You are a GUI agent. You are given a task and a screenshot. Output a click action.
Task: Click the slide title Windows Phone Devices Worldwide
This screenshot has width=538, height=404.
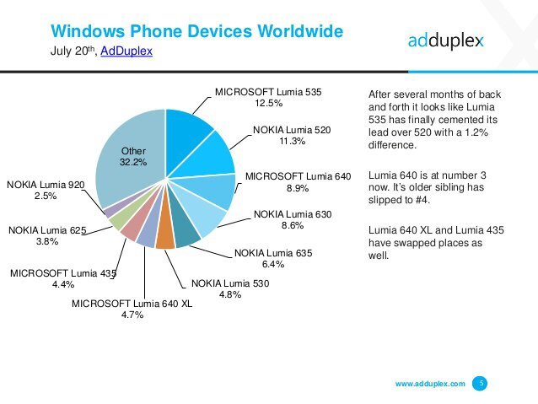(196, 32)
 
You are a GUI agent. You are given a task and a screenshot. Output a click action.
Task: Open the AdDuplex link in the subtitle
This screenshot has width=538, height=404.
(126, 52)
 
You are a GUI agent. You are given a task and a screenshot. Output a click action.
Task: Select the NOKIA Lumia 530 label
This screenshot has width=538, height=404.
(229, 283)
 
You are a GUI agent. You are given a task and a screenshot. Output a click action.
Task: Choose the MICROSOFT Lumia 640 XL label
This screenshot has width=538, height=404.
(132, 303)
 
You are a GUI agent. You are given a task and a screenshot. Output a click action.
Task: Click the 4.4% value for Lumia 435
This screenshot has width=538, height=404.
(62, 285)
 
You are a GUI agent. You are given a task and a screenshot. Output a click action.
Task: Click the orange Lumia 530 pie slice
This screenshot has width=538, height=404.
(165, 238)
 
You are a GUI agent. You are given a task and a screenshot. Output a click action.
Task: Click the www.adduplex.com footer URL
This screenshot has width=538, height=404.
(430, 384)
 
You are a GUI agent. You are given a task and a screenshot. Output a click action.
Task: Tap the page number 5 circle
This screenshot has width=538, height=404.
(481, 384)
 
